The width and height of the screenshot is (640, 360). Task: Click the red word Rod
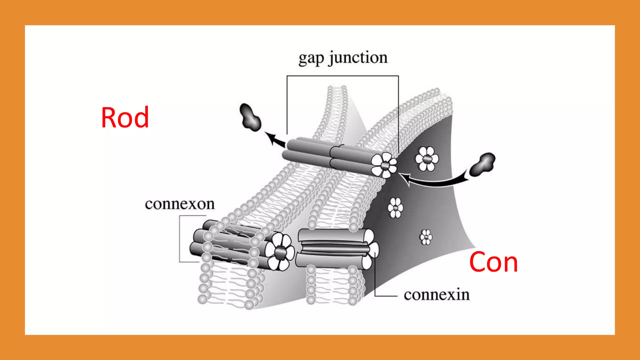pos(125,117)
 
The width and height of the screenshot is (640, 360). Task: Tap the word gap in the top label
pos(311,58)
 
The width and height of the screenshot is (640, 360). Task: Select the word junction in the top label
pos(358,58)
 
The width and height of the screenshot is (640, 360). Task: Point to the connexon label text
pos(180,204)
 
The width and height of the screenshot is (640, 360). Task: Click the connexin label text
pos(436,295)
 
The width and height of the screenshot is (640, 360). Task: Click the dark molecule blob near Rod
pos(250,117)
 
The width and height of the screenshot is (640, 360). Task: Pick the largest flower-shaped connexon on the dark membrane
pos(427,159)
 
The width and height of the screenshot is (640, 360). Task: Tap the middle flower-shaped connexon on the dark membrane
pos(396,208)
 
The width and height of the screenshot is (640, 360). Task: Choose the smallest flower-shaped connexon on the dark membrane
pos(426,237)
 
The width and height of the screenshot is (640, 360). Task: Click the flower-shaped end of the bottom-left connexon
pos(280,252)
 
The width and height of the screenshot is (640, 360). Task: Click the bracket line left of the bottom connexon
pos(180,239)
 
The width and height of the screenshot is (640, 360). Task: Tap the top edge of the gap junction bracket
pos(342,76)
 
